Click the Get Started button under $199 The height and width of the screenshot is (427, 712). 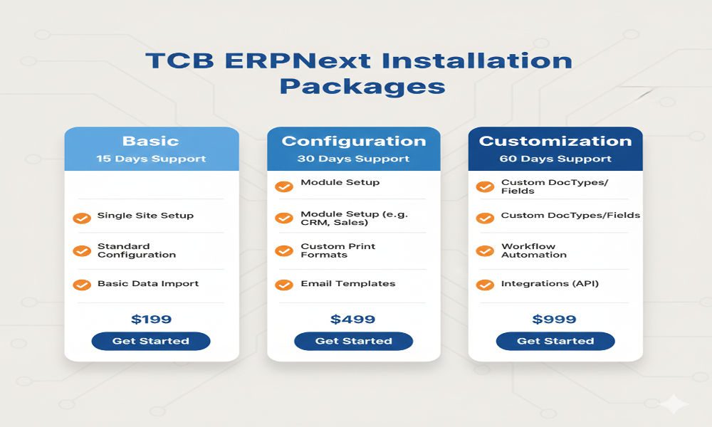coord(150,341)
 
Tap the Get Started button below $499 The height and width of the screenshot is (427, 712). coord(353,341)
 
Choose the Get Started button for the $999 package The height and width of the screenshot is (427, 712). coord(555,341)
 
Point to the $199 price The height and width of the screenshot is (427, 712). coord(151,320)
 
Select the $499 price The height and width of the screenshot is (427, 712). coord(353,320)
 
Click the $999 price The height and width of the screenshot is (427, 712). coord(555,320)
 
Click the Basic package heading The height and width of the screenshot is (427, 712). coord(150,141)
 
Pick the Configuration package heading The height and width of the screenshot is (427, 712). coord(354,141)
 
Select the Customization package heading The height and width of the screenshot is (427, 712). coord(555,141)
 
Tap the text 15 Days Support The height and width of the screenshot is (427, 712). coord(150,159)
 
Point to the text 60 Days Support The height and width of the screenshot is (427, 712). coord(555,159)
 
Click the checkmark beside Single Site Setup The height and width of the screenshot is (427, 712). coord(82,218)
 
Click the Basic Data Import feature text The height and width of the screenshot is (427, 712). coord(148,283)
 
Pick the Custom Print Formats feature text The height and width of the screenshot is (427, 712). coord(337,251)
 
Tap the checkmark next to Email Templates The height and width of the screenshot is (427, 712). coord(284,285)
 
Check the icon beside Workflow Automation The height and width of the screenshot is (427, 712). coord(485,251)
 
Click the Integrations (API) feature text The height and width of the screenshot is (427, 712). coord(550,283)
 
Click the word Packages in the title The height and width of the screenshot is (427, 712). coord(362,86)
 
